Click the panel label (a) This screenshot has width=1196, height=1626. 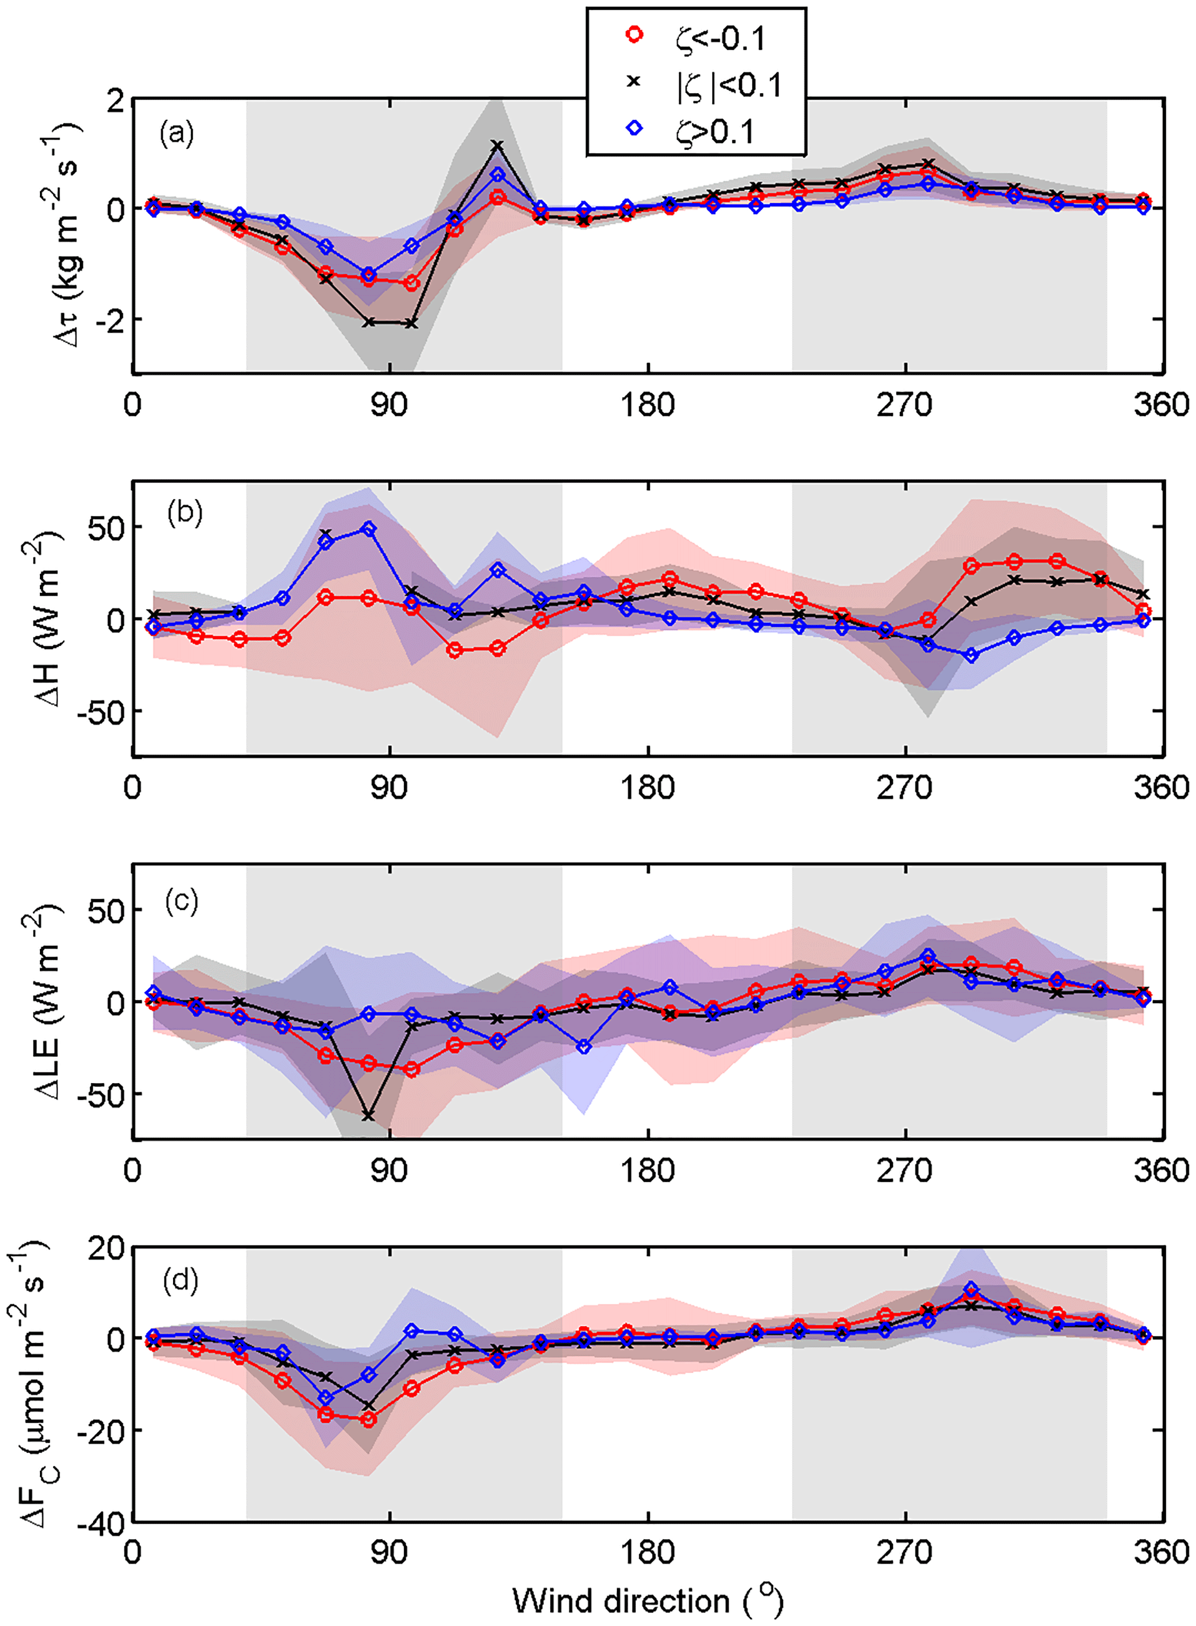point(176,133)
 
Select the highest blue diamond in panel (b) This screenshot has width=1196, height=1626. point(369,530)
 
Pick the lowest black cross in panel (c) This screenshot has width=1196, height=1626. point(369,1115)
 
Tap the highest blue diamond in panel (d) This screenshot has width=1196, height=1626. point(971,1289)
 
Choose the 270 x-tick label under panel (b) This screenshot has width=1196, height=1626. point(904,788)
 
